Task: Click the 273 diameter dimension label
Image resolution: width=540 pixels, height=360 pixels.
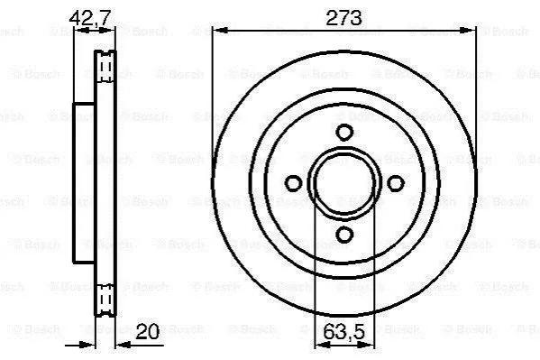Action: click(x=343, y=18)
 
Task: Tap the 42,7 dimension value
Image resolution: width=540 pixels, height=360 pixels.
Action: click(x=89, y=17)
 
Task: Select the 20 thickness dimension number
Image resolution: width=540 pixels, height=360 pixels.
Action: click(x=148, y=331)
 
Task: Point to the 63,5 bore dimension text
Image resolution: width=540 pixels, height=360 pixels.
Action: click(x=343, y=332)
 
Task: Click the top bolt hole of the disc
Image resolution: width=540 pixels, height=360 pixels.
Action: click(x=344, y=132)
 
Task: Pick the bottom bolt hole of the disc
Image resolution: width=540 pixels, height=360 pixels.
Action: click(x=344, y=235)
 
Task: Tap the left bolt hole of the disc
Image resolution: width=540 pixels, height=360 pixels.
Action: click(x=293, y=183)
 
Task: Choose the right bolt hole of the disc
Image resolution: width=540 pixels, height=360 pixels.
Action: click(x=396, y=183)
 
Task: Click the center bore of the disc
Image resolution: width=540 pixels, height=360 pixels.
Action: click(x=344, y=183)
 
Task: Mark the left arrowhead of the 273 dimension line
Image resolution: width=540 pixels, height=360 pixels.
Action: click(x=219, y=32)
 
